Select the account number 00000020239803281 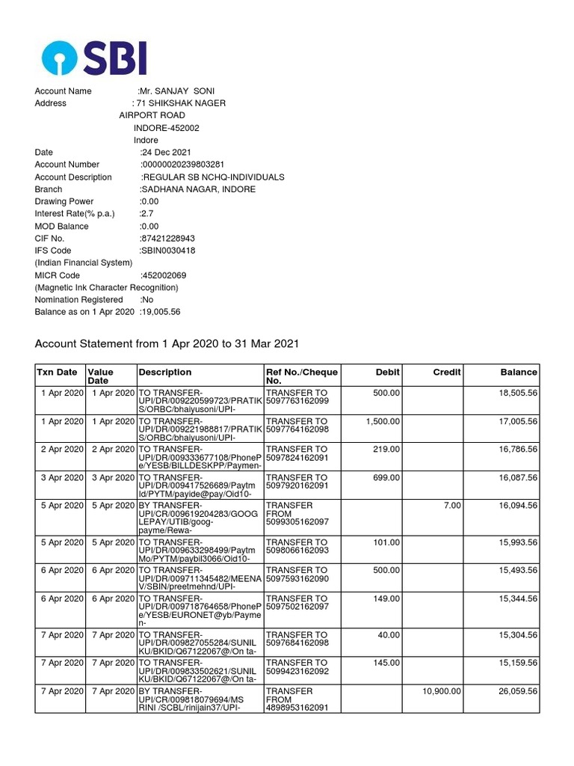click(183, 165)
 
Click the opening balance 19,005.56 click(160, 312)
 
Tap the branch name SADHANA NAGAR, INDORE click(198, 189)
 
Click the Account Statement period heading click(167, 343)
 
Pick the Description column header click(165, 372)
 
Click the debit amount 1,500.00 click(382, 421)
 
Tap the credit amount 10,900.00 click(442, 692)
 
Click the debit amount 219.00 click(386, 450)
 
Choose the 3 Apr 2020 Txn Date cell click(61, 477)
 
